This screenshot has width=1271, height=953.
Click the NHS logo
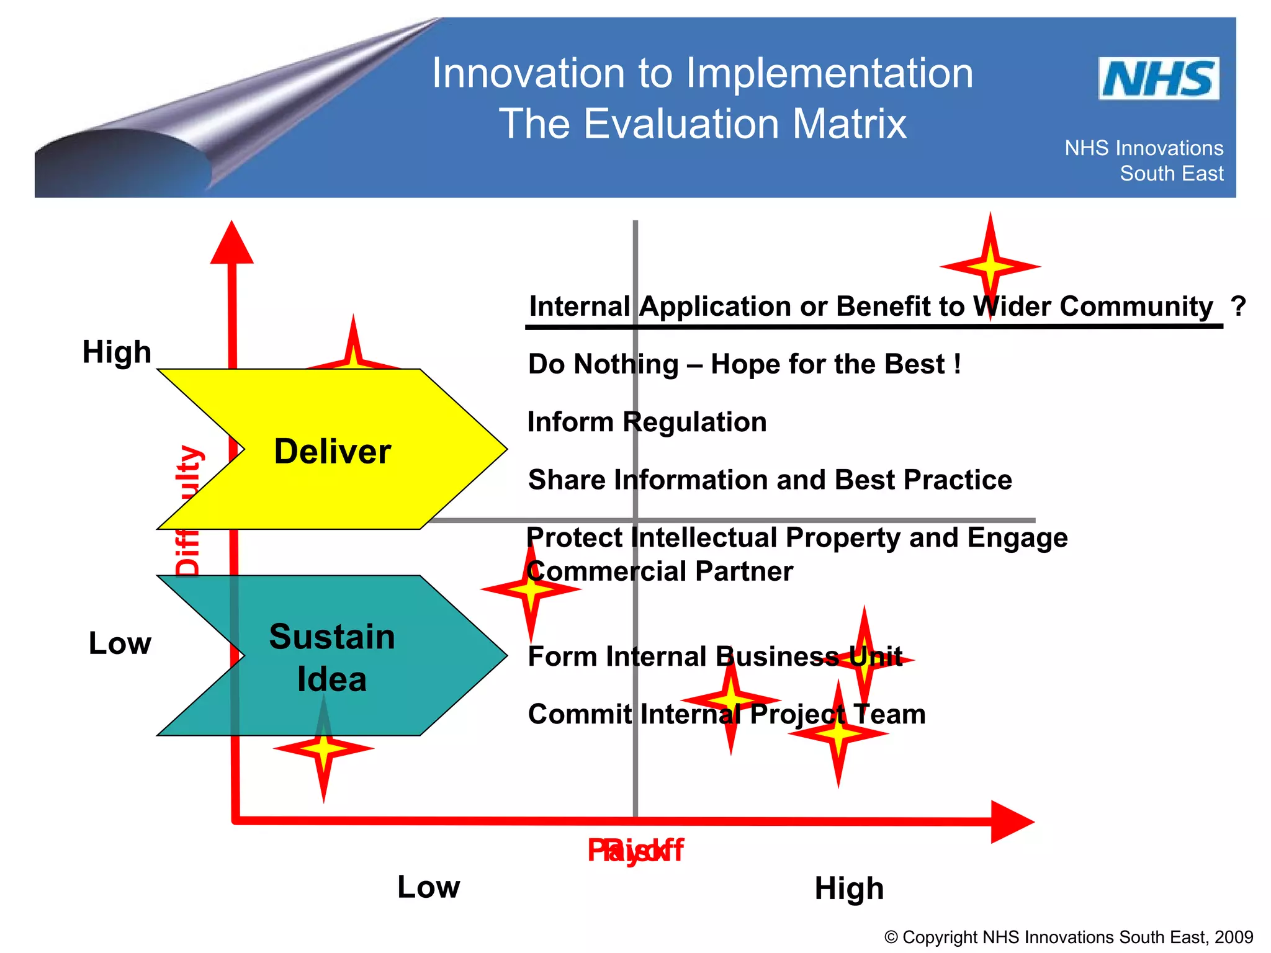coord(1158,79)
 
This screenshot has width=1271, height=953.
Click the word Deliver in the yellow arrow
coord(333,451)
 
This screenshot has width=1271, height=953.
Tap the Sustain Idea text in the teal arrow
coord(332,657)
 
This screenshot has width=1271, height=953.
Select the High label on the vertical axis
coord(117,352)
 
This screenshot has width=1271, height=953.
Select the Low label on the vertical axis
coord(120,643)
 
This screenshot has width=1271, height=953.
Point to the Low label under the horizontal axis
coord(428,887)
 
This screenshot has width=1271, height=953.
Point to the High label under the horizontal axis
coord(848,888)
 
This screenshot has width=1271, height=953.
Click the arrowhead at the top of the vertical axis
coord(231,244)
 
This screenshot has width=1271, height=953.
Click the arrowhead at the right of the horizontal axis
coord(1010,821)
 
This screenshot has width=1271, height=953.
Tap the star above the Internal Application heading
coord(990,266)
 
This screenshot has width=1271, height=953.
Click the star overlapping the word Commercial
coord(531,589)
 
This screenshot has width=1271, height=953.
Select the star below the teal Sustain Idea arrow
coord(323,749)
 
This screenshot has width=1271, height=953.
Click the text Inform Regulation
coord(647,423)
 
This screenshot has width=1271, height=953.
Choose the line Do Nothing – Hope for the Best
coord(743,364)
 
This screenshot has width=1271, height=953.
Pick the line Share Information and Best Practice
coord(770,480)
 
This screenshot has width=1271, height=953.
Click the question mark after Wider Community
coord(1237,306)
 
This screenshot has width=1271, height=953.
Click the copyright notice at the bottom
coord(1068,937)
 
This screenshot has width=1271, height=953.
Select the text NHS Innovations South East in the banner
coord(1144,161)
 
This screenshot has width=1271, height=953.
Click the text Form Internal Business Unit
coord(714,656)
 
